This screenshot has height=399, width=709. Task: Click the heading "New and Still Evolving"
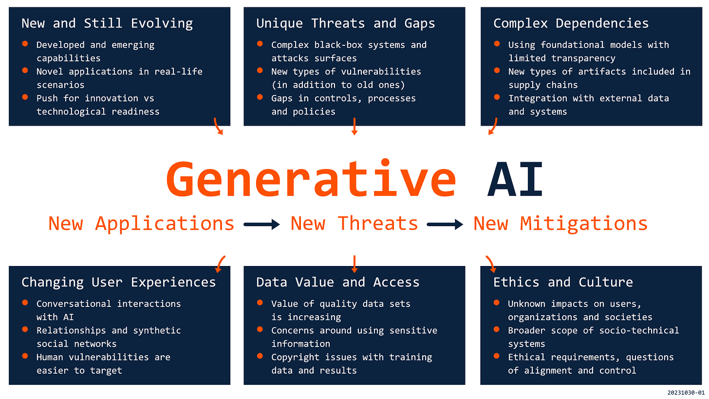click(x=107, y=23)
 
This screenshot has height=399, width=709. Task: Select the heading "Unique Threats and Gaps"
click(x=346, y=23)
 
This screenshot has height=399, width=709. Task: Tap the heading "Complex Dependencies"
click(x=571, y=23)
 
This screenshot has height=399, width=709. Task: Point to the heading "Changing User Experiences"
click(x=118, y=282)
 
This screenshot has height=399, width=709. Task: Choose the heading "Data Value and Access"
click(x=338, y=282)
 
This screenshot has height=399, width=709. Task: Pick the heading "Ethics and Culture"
click(x=563, y=282)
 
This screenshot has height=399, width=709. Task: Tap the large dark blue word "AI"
click(x=515, y=179)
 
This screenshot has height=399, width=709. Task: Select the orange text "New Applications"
click(x=141, y=224)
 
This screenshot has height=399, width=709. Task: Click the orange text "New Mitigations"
click(x=560, y=224)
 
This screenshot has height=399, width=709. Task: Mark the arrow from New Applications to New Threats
click(x=262, y=224)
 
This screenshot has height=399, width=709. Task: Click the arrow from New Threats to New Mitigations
click(x=445, y=224)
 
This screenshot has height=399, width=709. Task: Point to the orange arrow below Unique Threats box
click(x=354, y=126)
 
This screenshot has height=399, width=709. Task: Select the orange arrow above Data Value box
click(x=354, y=264)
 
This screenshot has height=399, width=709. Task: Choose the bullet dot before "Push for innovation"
click(x=25, y=97)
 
